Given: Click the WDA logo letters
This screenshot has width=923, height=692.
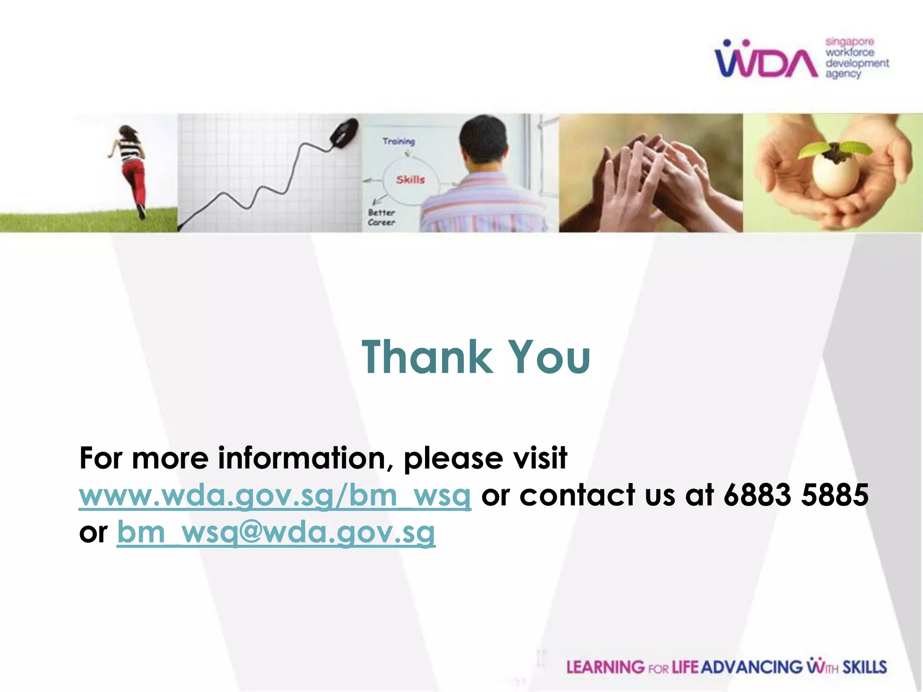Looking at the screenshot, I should (x=766, y=62).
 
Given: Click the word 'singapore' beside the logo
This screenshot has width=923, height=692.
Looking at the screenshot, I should (x=850, y=42).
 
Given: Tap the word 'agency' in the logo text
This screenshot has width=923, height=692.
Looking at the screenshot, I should (x=843, y=74).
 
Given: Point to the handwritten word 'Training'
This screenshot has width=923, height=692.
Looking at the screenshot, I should (x=398, y=141).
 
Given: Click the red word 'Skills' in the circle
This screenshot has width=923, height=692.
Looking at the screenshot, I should (x=410, y=180).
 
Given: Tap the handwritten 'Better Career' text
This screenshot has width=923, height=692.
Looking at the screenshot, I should (x=381, y=217).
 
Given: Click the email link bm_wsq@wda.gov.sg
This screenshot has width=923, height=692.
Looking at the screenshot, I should (x=276, y=533).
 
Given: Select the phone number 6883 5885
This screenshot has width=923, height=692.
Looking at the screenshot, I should (x=796, y=495).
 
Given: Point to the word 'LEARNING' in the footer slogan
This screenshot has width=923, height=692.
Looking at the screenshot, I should (x=605, y=667).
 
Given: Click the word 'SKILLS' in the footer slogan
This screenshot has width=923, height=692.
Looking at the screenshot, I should (x=864, y=667).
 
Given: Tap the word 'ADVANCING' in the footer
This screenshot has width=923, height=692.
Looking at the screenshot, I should (x=752, y=667).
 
